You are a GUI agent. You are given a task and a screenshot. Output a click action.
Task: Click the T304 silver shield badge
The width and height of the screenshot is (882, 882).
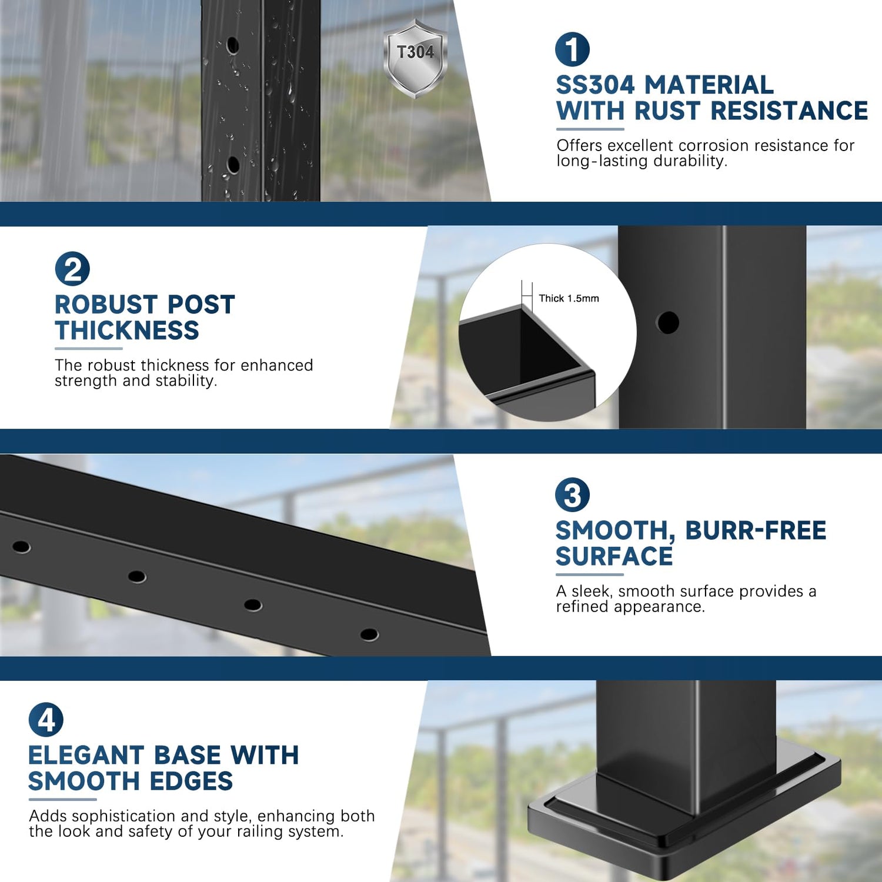point(415,58)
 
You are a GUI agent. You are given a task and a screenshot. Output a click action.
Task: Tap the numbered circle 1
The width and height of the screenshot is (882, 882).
point(572,49)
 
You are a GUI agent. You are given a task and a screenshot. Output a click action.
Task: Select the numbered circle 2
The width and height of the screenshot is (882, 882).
point(72,269)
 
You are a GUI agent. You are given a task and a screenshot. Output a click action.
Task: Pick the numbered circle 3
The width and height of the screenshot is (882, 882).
point(572,495)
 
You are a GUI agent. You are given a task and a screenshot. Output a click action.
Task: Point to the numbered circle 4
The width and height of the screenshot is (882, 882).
point(46,720)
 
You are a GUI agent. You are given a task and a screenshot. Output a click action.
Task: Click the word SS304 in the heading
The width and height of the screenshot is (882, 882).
point(596,85)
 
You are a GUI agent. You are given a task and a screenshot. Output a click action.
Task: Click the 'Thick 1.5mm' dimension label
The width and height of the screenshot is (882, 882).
point(569,299)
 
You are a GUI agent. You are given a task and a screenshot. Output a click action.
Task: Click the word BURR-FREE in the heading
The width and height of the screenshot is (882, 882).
point(756,530)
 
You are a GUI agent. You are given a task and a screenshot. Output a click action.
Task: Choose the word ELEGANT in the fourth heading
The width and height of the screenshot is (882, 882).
point(86,756)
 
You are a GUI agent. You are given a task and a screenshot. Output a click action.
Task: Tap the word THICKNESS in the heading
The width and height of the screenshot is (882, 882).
point(127,330)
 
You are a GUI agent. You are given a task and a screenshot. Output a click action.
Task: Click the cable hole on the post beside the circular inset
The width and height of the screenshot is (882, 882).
point(667,322)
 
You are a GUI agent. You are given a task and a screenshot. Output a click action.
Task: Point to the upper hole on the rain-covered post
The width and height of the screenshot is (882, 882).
point(233,45)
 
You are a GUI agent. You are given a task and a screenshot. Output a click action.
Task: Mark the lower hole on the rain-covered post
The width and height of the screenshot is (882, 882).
point(233,165)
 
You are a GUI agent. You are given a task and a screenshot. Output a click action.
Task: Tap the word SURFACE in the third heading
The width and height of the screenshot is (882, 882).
point(614,556)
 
